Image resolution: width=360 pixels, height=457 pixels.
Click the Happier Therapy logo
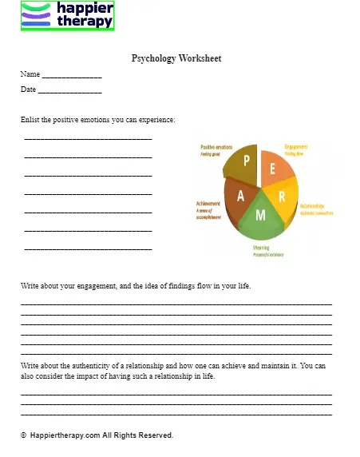pos(68,15)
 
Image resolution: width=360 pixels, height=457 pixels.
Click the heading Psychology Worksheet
pos(176,58)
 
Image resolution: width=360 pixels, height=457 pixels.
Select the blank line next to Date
pos(69,90)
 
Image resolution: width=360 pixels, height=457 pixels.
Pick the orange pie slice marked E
pos(275,168)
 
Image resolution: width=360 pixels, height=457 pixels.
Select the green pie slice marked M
pos(259,217)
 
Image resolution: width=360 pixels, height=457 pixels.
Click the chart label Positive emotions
pos(216,148)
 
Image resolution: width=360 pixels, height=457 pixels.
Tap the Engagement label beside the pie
pos(296,147)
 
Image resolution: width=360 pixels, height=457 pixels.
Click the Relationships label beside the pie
pos(312,205)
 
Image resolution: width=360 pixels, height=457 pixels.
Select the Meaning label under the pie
pos(261,248)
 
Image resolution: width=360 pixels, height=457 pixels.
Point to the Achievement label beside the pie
pos(208,205)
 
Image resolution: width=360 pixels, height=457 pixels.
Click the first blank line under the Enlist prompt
pos(88,138)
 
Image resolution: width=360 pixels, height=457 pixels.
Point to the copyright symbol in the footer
pos(24,436)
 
